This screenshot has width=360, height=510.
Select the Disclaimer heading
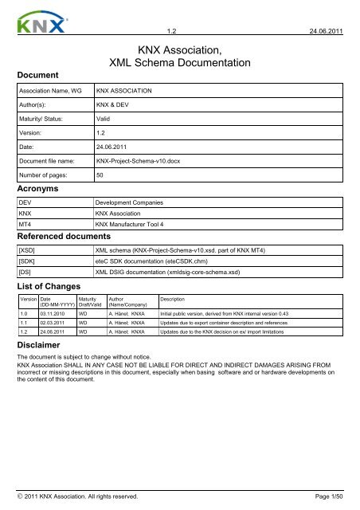click(x=42, y=344)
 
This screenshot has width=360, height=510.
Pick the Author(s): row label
click(x=37, y=104)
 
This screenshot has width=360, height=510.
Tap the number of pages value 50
click(x=100, y=175)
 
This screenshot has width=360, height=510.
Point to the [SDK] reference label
click(x=28, y=262)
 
